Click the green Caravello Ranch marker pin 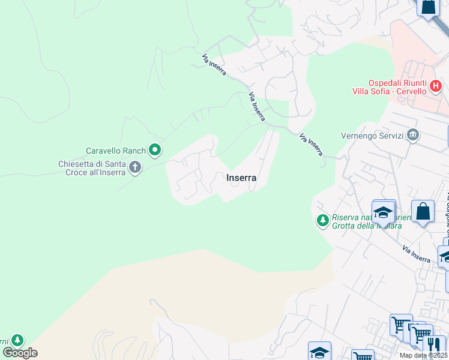(155, 150)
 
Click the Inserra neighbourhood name (241, 178)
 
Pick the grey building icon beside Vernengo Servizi (412, 135)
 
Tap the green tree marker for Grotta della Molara (323, 221)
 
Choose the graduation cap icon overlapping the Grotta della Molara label (383, 212)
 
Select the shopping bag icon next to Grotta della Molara (423, 212)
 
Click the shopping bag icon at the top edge (429, 7)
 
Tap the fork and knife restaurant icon (434, 344)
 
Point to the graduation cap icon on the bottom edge (320, 352)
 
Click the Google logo (20, 353)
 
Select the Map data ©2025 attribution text (423, 355)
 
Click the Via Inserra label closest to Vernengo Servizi (311, 145)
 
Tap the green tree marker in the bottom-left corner (18, 340)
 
